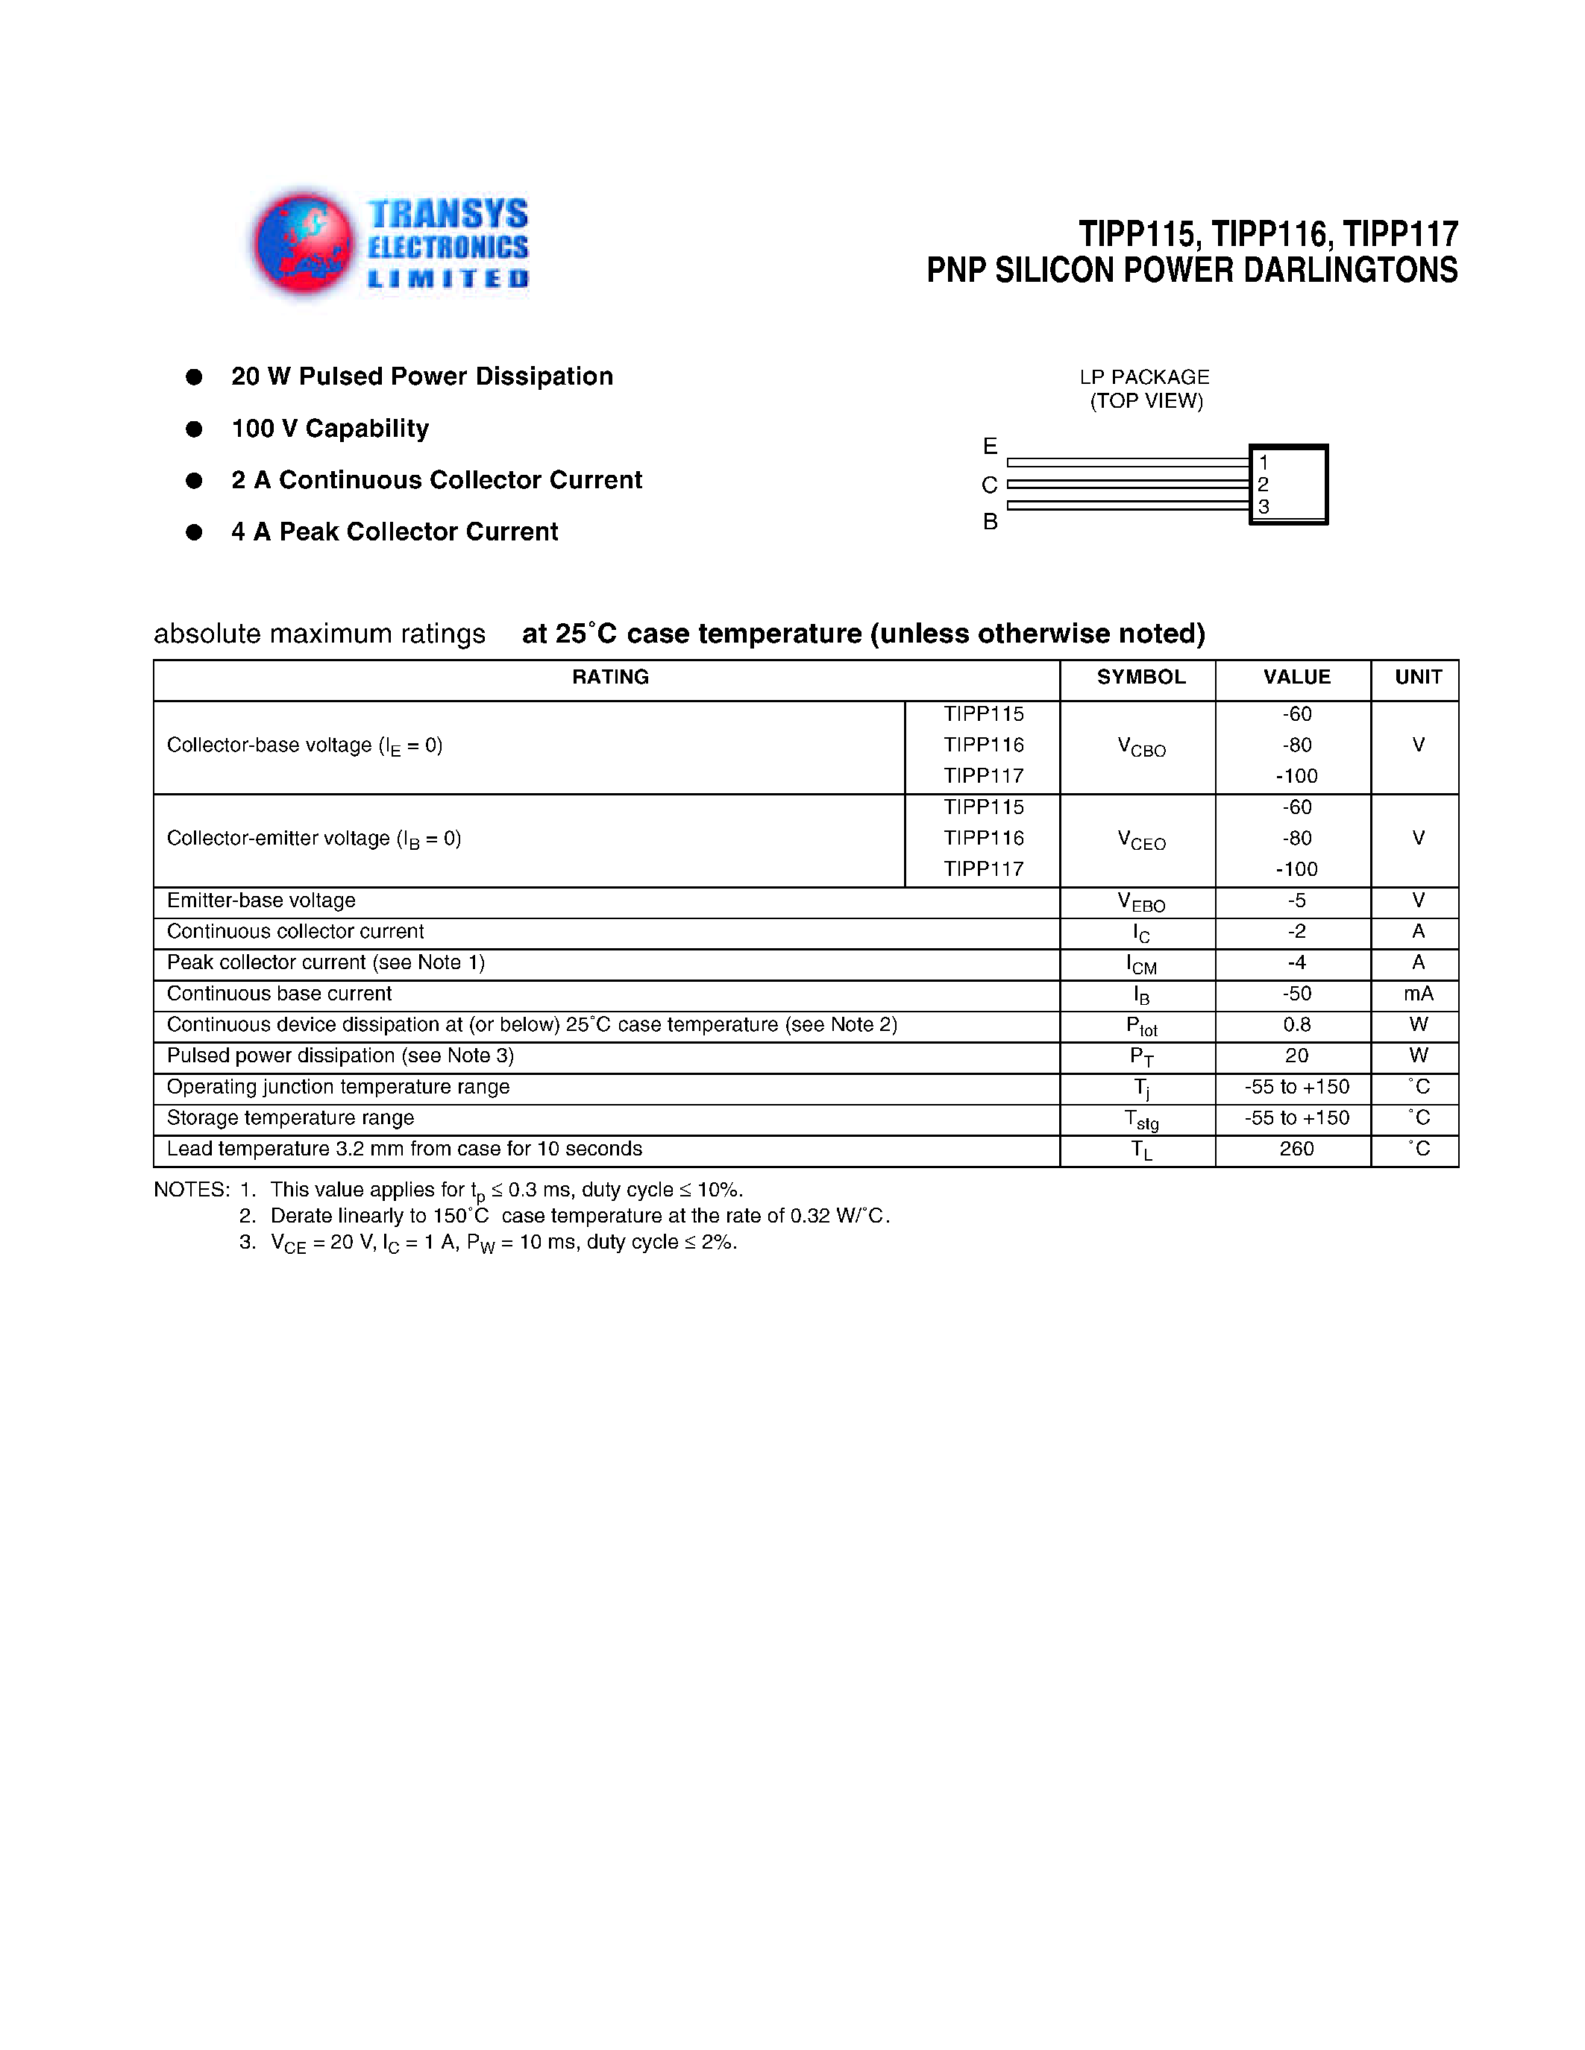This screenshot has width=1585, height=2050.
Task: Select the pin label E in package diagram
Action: tap(990, 446)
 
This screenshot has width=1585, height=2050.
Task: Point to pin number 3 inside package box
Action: tap(1264, 507)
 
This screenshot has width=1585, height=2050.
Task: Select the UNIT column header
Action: tap(1417, 677)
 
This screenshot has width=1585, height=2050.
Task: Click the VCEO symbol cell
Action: tap(1141, 840)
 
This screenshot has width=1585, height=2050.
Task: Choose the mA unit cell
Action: tap(1418, 993)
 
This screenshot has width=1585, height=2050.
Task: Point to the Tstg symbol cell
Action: tap(1141, 1119)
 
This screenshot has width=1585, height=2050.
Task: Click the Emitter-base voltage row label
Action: tap(261, 901)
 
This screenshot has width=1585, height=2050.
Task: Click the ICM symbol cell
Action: tap(1141, 964)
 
